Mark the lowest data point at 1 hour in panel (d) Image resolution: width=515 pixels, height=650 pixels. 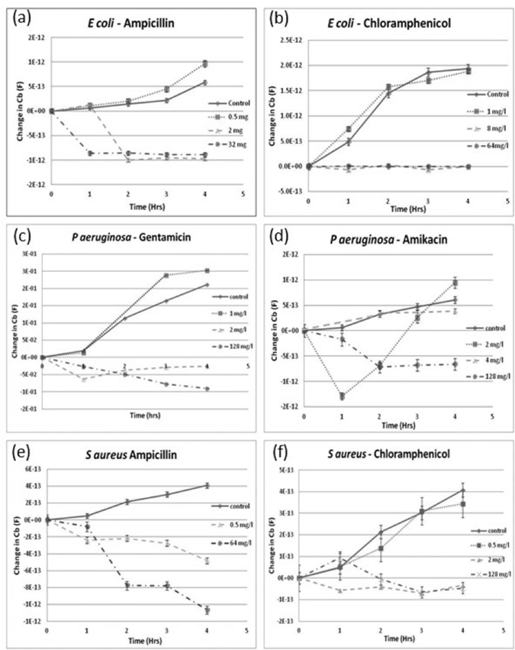pyautogui.click(x=342, y=396)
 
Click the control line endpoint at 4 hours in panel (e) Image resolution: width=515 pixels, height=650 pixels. pyautogui.click(x=206, y=485)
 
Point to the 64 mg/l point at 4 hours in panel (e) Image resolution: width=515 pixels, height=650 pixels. pyautogui.click(x=206, y=610)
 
